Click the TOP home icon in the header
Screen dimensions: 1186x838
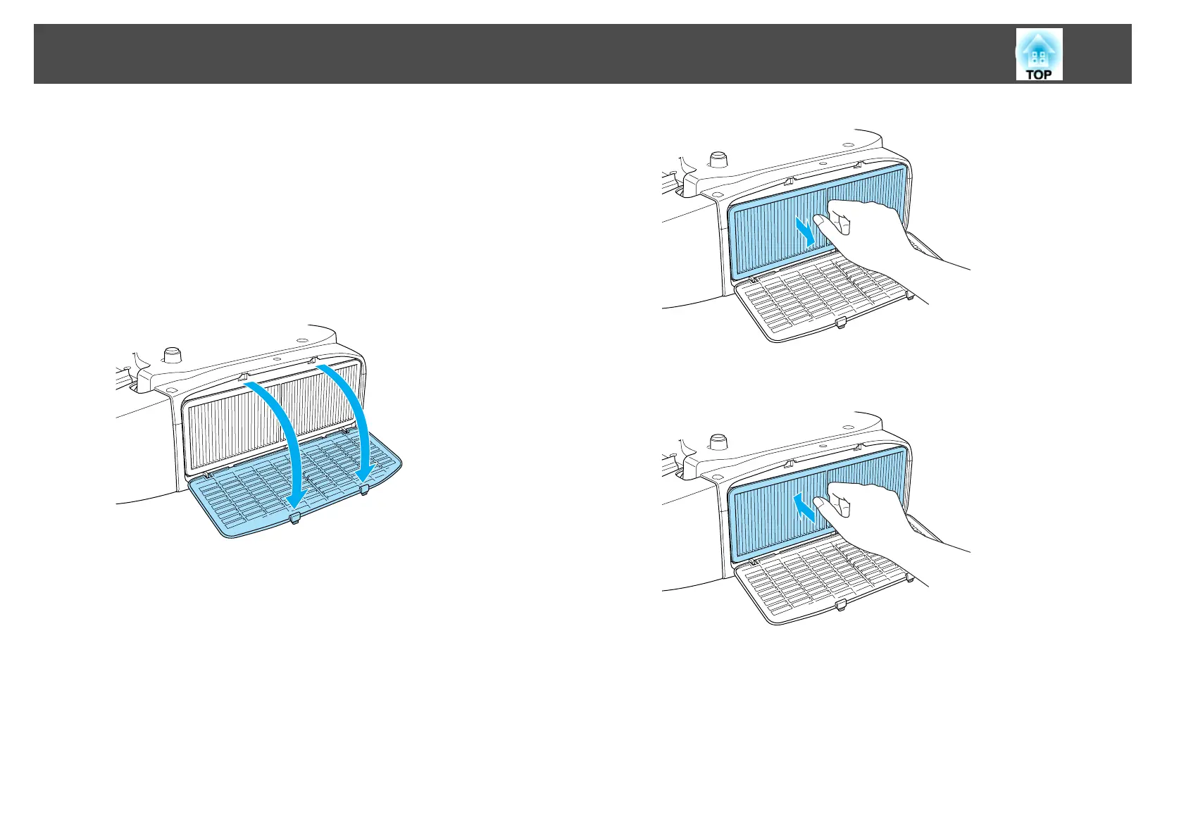1039,54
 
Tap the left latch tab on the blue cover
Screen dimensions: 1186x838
295,518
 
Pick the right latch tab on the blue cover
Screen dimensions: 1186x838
364,489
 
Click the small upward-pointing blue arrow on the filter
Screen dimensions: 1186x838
806,507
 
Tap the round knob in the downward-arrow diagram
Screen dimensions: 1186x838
718,158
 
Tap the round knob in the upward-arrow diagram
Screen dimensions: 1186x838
718,442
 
